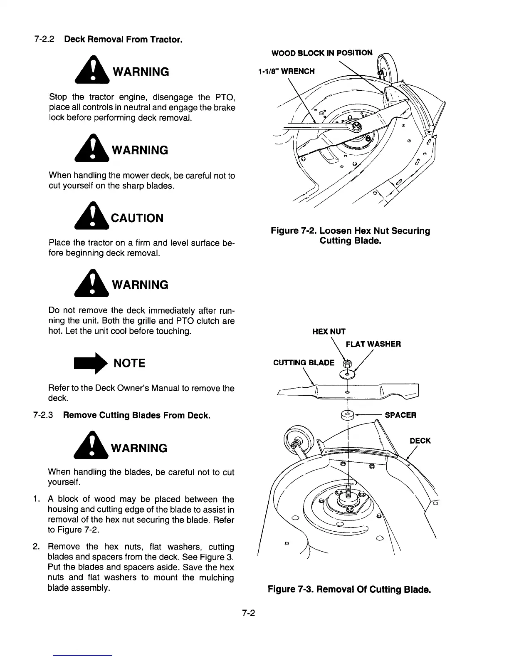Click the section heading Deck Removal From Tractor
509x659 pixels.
[123, 40]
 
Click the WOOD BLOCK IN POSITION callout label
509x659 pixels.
[322, 53]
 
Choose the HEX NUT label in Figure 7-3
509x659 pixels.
[329, 332]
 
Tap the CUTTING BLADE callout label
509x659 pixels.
[304, 362]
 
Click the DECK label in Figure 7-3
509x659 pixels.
[420, 441]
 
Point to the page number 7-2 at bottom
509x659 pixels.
[249, 613]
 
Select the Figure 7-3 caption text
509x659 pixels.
[348, 590]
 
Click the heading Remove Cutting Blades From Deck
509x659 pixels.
[136, 415]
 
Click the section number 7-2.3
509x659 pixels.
[43, 415]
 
